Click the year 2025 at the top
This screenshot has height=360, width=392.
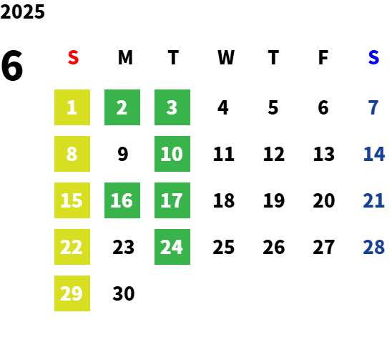(x=22, y=11)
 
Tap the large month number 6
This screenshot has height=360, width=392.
(x=12, y=66)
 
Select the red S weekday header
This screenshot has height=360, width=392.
(x=73, y=57)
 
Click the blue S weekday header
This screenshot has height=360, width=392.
(x=373, y=57)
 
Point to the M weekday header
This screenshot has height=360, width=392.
(x=125, y=57)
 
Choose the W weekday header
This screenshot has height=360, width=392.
(x=226, y=57)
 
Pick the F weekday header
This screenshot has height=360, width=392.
(x=323, y=57)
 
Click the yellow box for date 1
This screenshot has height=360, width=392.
(x=72, y=107)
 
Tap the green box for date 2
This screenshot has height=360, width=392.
(x=122, y=107)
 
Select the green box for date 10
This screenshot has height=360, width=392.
(x=172, y=154)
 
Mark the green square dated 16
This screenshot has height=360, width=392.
(x=122, y=200)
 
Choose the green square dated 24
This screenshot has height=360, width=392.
(x=172, y=247)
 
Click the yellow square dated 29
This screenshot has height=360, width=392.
(x=72, y=293)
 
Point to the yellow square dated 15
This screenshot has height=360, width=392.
(x=72, y=200)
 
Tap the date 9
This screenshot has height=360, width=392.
(x=123, y=154)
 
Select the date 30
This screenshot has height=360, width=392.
(x=124, y=293)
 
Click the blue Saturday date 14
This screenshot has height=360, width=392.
(x=373, y=154)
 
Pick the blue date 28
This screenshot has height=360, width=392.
(x=373, y=247)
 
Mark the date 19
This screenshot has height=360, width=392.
(x=274, y=200)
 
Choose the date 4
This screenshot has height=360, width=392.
(x=223, y=107)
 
